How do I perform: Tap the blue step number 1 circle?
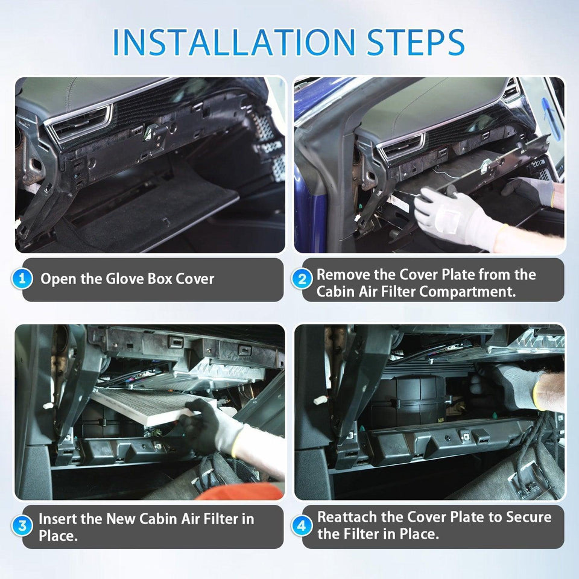pos(22,279)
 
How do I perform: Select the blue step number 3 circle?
pos(22,526)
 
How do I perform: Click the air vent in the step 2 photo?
pos(400,147)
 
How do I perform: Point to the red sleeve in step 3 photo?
pos(241,492)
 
